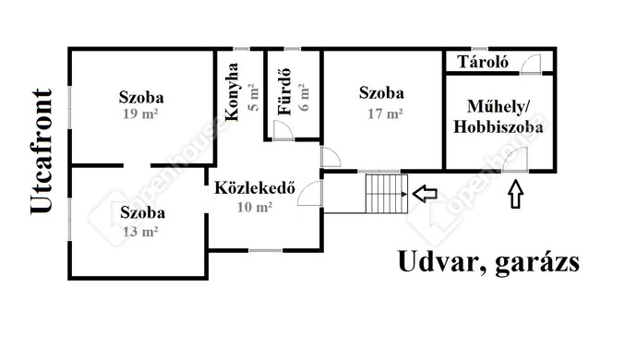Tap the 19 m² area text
point(141,114)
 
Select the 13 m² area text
point(140,231)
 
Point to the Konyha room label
point(232,92)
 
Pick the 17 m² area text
point(381,114)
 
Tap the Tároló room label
point(479,62)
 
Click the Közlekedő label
point(254,190)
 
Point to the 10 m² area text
point(254,208)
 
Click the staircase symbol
point(386,193)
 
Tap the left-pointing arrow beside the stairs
point(425,193)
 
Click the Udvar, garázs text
point(488,262)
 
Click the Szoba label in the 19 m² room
point(141,97)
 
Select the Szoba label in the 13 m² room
point(140,213)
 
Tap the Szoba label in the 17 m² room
point(381,94)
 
